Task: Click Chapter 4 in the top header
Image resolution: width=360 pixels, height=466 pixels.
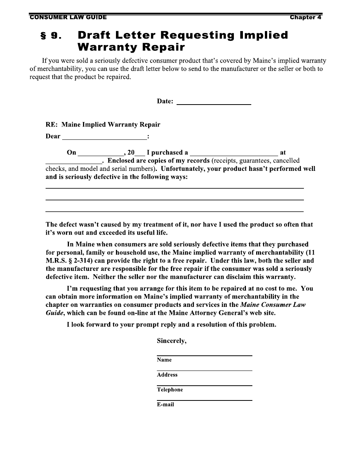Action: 305,17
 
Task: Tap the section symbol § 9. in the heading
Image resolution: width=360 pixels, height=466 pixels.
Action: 51,36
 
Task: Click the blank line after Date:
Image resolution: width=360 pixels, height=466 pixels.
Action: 214,102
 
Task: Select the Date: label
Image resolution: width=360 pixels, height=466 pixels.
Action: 165,102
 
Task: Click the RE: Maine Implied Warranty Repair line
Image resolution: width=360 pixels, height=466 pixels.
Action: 103,125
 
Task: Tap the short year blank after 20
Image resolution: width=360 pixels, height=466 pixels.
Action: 140,153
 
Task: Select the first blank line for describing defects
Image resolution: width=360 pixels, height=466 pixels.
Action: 174,188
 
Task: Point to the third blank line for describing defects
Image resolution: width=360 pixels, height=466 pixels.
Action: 174,211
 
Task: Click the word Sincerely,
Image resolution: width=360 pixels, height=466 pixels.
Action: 172,341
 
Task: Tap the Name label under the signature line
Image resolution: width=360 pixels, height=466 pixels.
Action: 164,360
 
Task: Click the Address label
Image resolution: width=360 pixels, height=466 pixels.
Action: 167,375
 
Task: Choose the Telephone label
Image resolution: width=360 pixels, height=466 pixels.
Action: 170,389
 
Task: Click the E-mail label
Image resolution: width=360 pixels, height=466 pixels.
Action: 166,404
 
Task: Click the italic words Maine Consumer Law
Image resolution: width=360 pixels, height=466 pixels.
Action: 273,305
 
